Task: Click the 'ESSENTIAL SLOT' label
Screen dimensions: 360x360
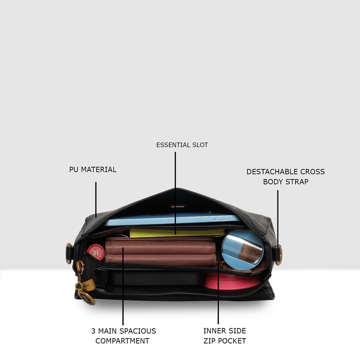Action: [182, 145]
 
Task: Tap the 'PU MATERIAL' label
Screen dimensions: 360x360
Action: [93, 169]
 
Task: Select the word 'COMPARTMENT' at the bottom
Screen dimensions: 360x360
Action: [122, 341]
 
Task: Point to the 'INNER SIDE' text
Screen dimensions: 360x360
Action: [225, 331]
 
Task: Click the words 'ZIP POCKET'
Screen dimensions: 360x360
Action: [225, 341]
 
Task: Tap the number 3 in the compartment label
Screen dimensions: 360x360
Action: [93, 331]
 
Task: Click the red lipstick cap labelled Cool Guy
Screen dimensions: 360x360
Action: [96, 252]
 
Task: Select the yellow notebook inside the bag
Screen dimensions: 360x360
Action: [177, 233]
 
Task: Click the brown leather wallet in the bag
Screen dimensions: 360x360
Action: [160, 252]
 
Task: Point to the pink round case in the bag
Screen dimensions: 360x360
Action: [232, 281]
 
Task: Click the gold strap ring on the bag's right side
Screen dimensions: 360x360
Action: [279, 255]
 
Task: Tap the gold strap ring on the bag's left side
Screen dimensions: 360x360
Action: [69, 253]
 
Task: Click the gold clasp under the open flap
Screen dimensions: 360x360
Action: [178, 207]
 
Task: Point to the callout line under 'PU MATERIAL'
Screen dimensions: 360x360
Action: [96, 200]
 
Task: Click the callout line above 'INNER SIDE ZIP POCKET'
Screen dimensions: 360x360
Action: [218, 293]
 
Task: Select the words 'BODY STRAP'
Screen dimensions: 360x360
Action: [286, 182]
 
